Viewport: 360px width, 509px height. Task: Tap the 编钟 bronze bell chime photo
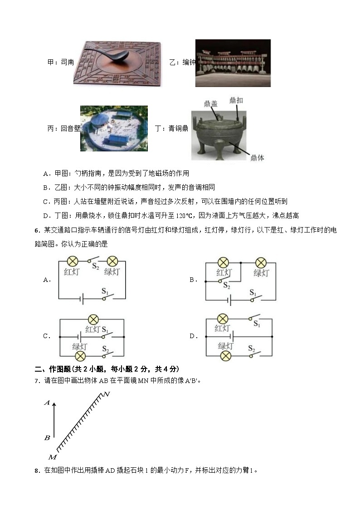233,63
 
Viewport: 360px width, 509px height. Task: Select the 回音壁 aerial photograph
114,128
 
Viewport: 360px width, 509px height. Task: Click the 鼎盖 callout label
211,104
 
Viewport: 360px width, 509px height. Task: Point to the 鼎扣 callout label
236,100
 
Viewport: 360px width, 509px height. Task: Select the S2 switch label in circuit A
95,266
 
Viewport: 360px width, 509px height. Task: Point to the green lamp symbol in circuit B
261,262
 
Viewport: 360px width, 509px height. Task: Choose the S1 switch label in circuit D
256,324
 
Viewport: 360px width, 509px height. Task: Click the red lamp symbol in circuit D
222,319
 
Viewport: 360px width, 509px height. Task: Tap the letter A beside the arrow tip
46,402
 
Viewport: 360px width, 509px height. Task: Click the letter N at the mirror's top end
107,394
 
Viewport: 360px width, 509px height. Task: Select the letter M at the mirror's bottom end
52,456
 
